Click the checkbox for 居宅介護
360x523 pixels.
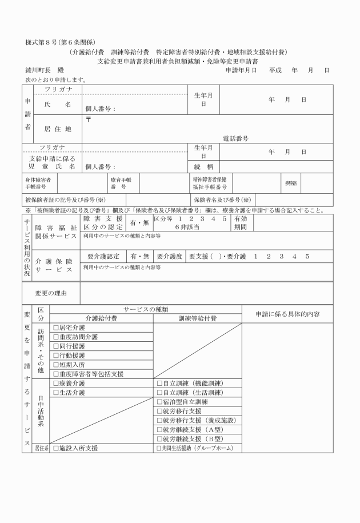(56, 328)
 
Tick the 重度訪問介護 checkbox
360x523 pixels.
(56, 337)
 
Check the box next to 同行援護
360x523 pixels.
(56, 346)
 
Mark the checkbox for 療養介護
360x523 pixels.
(56, 383)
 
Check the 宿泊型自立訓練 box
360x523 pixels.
(160, 401)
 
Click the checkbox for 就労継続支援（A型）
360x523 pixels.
(160, 429)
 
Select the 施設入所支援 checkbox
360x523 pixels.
(56, 448)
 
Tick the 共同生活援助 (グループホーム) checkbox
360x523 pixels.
(159, 448)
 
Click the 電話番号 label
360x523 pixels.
(235, 138)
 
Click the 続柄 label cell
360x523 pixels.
(203, 167)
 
